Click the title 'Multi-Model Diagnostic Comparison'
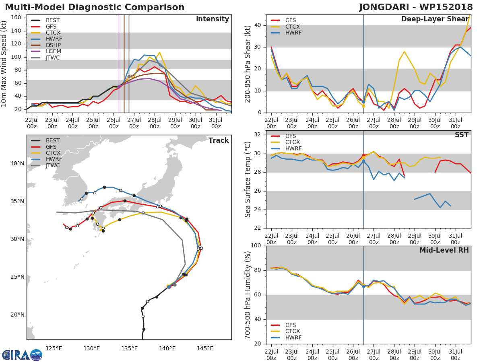point(95,7)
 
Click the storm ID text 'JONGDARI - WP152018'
point(416,7)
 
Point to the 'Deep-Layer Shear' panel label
point(435,19)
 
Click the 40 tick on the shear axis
point(259,25)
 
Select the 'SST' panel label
point(461,135)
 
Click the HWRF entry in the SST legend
point(293,149)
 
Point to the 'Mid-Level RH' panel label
point(444,251)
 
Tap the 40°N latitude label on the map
point(17,164)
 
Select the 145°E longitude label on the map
point(205,348)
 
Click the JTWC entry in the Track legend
point(53,166)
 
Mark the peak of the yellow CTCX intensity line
point(159,52)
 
